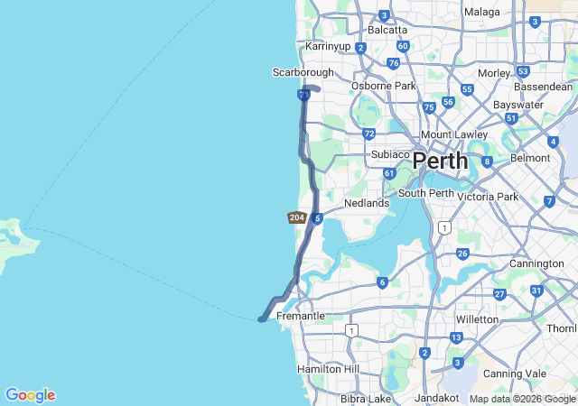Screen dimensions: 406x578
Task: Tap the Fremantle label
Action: point(301,317)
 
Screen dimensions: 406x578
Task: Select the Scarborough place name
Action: point(303,72)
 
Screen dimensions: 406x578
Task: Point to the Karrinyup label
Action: point(327,45)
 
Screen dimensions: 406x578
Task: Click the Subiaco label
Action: point(391,154)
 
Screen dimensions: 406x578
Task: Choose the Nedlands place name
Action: point(367,203)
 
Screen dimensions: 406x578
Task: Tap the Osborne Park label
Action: point(384,86)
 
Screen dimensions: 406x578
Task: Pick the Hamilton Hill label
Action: point(328,369)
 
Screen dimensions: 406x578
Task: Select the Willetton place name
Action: point(478,319)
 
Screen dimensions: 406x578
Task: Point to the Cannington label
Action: point(536,263)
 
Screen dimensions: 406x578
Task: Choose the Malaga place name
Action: point(482,12)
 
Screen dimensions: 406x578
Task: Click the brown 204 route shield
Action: point(296,217)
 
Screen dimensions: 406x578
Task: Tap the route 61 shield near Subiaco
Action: point(388,173)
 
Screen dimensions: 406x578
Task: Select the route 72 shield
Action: point(368,134)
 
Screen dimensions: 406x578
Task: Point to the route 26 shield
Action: point(462,254)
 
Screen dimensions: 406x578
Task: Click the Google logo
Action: point(30,395)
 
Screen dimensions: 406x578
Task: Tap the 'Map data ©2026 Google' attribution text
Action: point(522,399)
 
